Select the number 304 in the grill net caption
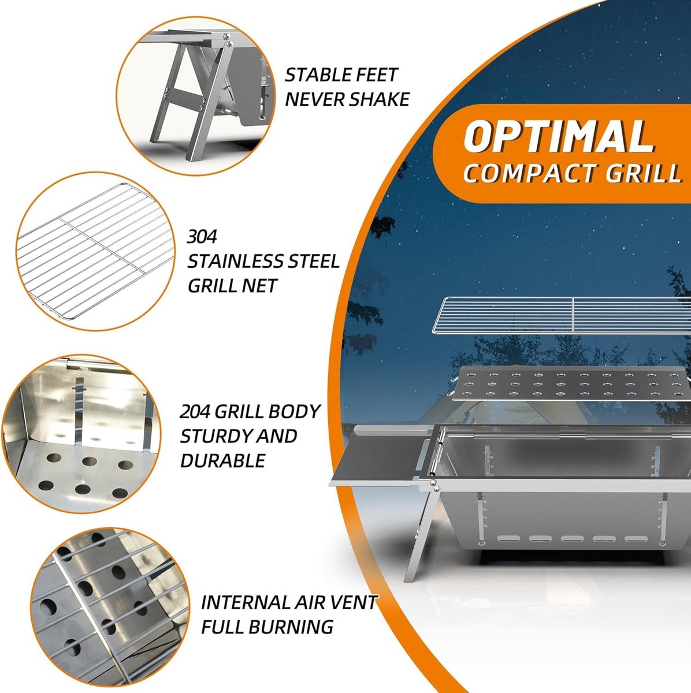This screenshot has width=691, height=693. coord(202,237)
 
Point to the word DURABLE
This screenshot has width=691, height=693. coord(223,461)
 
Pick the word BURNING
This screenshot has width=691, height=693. coord(292,627)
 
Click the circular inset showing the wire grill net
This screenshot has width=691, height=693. coord(95,251)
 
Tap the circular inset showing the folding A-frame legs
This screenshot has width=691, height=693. coord(195,96)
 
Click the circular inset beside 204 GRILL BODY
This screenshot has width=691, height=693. coord(81,435)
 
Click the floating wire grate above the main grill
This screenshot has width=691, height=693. coord(562,315)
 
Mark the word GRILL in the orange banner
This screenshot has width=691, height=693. coord(643,173)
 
